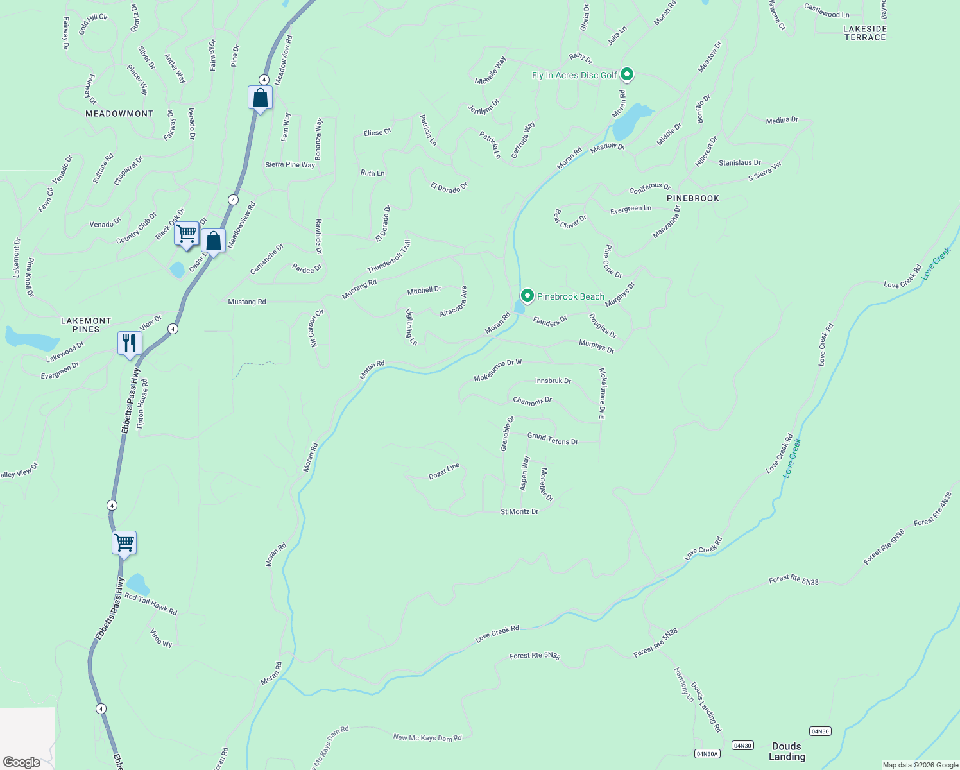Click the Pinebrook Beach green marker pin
coord(527,296)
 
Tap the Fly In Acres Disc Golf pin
coord(627,75)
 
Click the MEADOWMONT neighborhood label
coord(119,114)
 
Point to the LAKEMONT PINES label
coord(86,325)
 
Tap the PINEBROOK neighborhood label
coord(693,198)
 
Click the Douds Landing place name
coord(787,751)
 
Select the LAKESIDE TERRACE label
coord(865,33)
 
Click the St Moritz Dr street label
coord(519,511)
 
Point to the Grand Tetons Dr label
coord(553,439)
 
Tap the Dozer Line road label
coord(444,472)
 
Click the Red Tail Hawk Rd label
coord(151,604)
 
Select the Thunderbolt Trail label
coord(389,257)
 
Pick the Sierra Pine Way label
coord(290,165)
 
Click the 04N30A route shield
coord(707,753)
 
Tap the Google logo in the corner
coord(22,762)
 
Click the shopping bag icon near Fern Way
coord(260,98)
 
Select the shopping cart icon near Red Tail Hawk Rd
coord(124,543)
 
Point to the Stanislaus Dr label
coord(740,163)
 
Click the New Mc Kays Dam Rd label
coord(427,738)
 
